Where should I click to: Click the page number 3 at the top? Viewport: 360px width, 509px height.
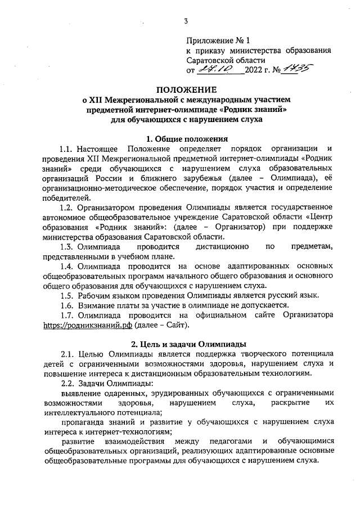185,21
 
